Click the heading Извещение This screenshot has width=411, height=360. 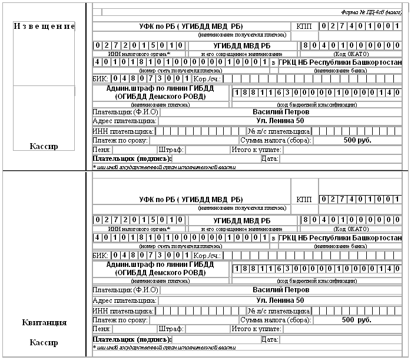(44, 27)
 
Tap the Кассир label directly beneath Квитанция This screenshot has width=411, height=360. (45, 342)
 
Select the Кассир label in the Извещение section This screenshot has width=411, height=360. (45, 146)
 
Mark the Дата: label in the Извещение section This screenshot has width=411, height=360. (269, 158)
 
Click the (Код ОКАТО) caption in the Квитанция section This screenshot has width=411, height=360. (351, 228)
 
